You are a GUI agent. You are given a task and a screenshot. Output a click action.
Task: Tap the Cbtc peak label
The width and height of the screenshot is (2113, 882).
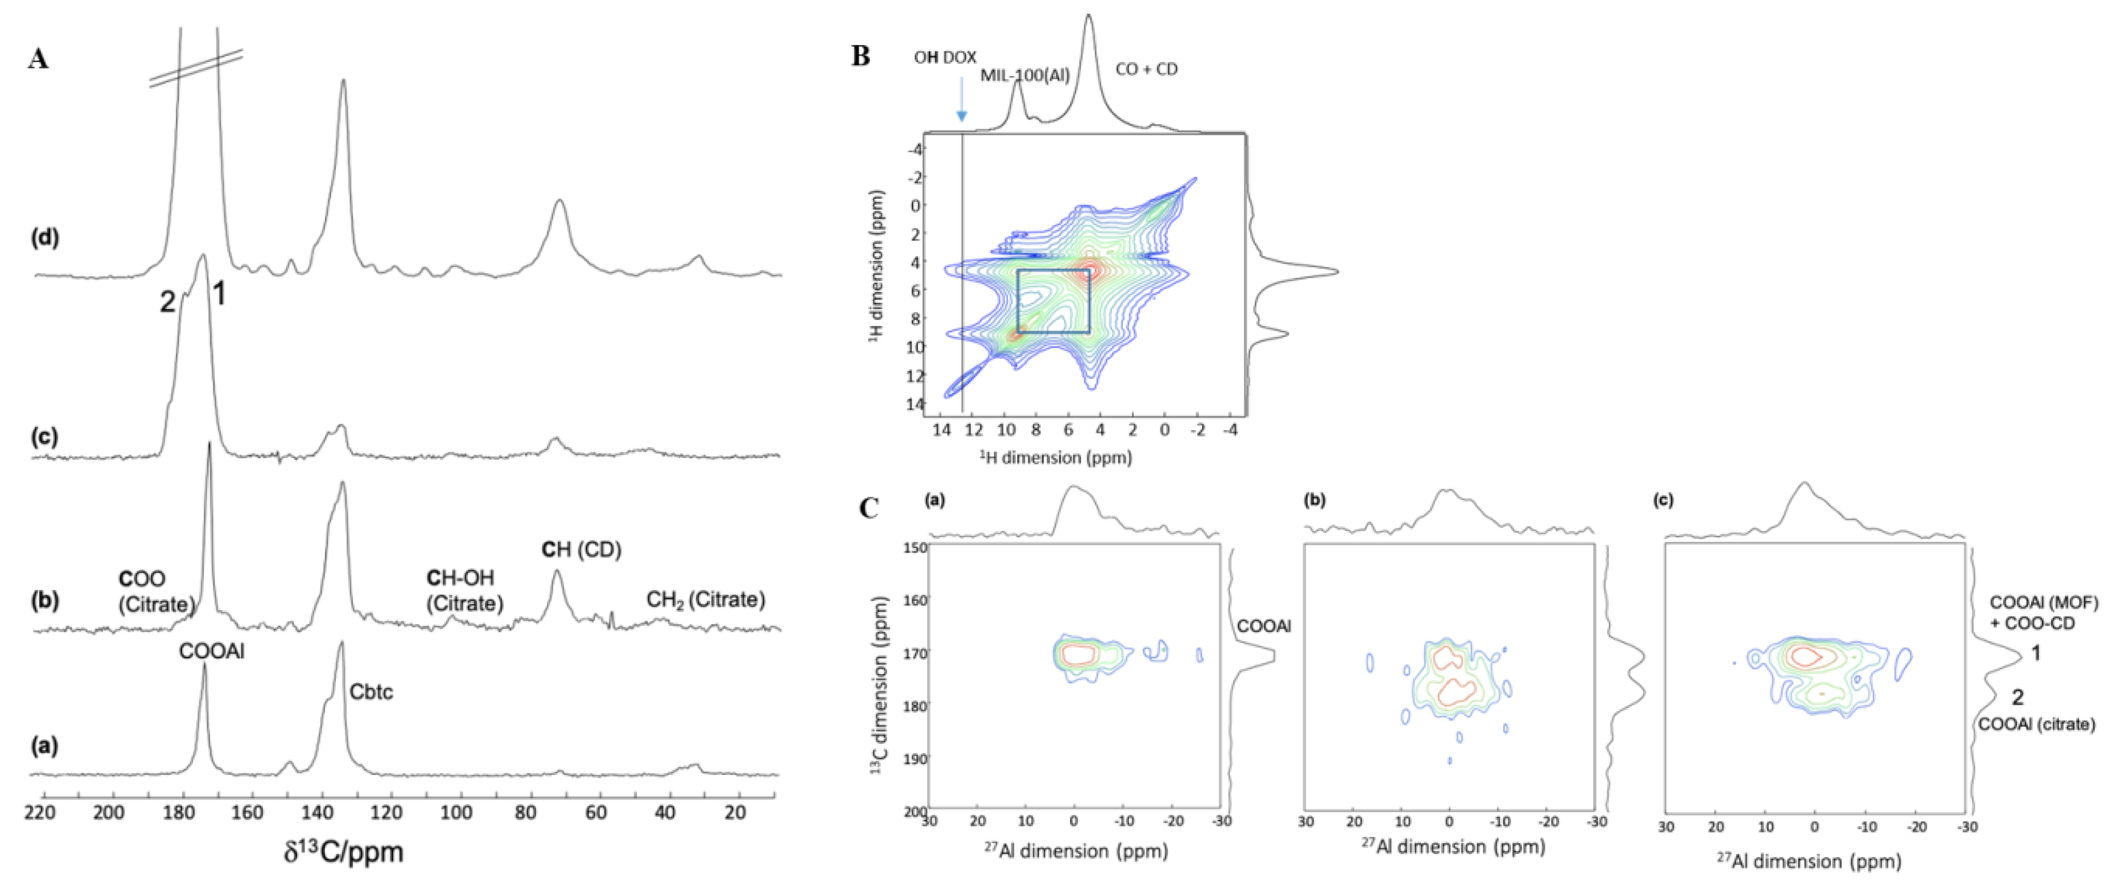coord(371,691)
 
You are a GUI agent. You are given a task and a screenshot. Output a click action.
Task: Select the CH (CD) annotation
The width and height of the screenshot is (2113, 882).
coord(580,549)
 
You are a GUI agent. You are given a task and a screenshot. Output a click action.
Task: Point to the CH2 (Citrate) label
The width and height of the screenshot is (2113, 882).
coord(706,600)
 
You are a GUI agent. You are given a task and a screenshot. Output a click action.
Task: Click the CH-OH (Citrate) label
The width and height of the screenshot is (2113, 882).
coord(464,591)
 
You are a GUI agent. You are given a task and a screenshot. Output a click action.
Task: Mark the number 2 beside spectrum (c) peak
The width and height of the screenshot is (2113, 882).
coord(167,303)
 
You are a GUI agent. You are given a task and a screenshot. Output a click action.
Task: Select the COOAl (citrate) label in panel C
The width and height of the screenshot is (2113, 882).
coord(2036,724)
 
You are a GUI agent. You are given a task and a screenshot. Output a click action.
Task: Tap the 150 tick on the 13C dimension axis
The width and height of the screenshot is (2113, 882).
coord(916,547)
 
